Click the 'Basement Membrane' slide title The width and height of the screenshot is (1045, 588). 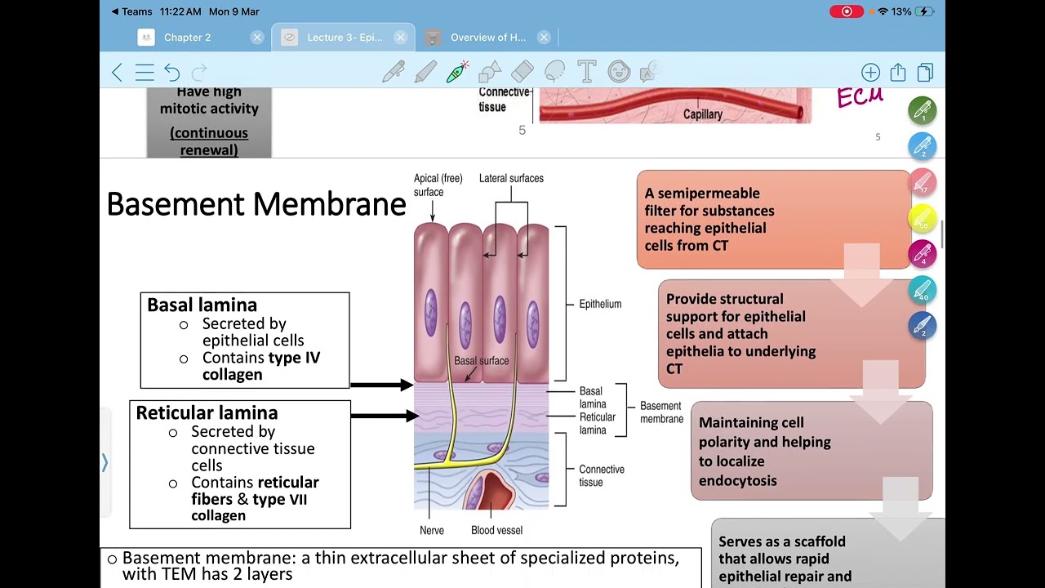pyautogui.click(x=256, y=203)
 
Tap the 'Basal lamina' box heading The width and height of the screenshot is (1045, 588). pyautogui.click(x=202, y=305)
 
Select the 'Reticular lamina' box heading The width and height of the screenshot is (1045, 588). pyautogui.click(x=207, y=412)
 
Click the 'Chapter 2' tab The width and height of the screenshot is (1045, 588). pyautogui.click(x=187, y=38)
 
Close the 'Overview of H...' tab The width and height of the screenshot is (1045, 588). pyautogui.click(x=544, y=38)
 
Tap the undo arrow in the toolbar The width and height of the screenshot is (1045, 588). pyautogui.click(x=171, y=73)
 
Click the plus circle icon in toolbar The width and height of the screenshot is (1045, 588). pyautogui.click(x=870, y=73)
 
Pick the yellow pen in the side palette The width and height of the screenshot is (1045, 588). pyautogui.click(x=922, y=218)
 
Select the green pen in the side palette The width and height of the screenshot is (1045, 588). pyautogui.click(x=922, y=111)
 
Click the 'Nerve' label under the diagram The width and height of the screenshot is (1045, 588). pyautogui.click(x=432, y=530)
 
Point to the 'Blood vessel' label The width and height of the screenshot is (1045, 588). pyautogui.click(x=496, y=530)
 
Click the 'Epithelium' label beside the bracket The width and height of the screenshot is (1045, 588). pyautogui.click(x=600, y=304)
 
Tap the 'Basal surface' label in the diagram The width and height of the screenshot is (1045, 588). pyautogui.click(x=481, y=360)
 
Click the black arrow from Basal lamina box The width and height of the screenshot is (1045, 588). pyautogui.click(x=381, y=385)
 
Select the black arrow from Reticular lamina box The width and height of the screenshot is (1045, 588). pyautogui.click(x=381, y=416)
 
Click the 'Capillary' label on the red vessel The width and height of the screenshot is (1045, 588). pyautogui.click(x=703, y=114)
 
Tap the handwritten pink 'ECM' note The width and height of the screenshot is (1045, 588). pyautogui.click(x=860, y=97)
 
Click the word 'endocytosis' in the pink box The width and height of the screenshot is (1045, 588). pyautogui.click(x=737, y=480)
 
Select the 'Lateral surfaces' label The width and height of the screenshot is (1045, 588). pyautogui.click(x=511, y=178)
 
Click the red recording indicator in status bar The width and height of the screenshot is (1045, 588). pyautogui.click(x=847, y=11)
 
